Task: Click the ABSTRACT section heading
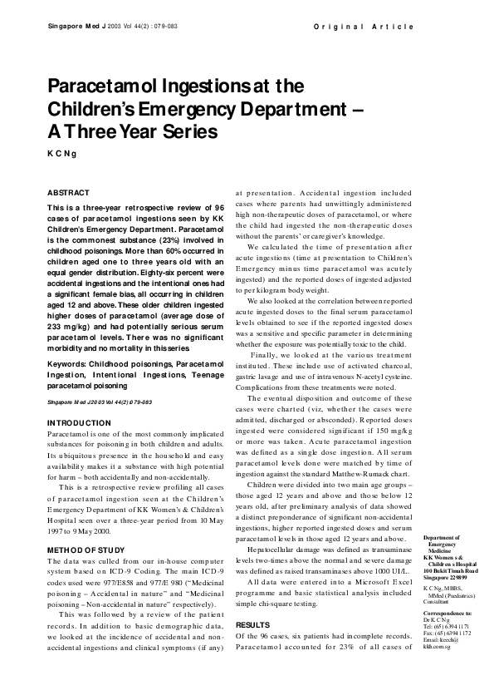68,192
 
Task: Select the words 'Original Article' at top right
364,27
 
